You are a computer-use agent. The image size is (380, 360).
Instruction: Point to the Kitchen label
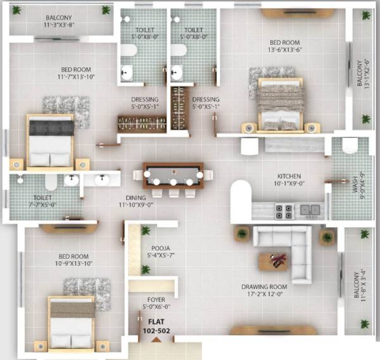(289, 180)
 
